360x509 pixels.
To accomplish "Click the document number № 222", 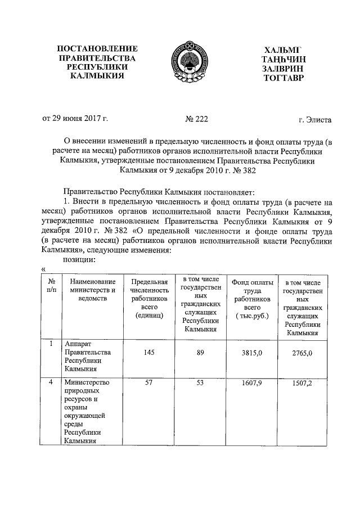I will pyautogui.click(x=196, y=119).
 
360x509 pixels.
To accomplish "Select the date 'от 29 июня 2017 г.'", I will pyautogui.click(x=75, y=119).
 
